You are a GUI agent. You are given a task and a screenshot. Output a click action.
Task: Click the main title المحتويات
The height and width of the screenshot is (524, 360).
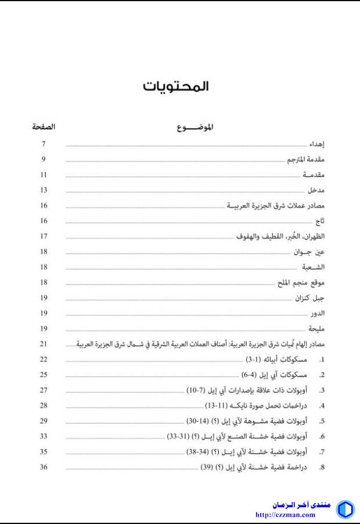coord(176,87)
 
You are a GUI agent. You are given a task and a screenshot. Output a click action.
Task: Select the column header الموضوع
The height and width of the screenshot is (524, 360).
coord(195,127)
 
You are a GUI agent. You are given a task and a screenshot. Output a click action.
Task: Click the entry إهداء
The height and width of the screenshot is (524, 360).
coord(316,143)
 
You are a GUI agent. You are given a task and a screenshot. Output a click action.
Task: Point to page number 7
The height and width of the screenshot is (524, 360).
coord(44,143)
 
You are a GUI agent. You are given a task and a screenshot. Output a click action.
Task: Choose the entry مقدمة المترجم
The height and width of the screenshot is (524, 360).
coord(307,159)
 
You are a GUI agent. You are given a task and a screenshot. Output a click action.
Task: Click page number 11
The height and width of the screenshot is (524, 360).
coord(44,174)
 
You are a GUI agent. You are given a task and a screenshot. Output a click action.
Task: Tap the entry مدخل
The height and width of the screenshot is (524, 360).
coord(317,190)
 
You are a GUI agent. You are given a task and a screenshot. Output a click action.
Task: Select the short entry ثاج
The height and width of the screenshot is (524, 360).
coord(320,221)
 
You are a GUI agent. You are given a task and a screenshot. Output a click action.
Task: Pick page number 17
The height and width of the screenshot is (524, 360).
coord(44,236)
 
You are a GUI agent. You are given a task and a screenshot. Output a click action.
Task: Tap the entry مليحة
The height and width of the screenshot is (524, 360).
coord(317,328)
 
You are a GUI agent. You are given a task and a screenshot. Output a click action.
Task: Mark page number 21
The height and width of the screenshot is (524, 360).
coord(44,344)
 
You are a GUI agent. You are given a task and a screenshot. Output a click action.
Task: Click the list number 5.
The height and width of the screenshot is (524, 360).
coord(321,421)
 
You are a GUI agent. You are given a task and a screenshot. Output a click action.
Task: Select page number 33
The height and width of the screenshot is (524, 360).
coord(44,436)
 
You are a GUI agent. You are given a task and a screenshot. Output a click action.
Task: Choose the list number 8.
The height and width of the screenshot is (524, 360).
coord(321,467)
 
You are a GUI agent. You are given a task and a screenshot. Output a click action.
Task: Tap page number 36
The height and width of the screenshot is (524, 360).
coord(44,466)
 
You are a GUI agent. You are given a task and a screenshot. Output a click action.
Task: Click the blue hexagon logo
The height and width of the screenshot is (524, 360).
coord(345,509)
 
